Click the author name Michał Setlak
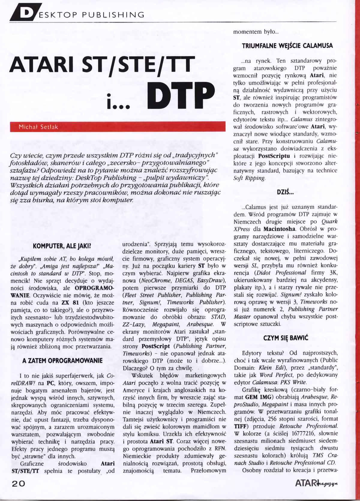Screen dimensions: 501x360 38,127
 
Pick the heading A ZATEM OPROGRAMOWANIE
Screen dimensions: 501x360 62,360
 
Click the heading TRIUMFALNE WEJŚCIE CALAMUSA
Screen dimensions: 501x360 287,46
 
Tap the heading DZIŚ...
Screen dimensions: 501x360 285,193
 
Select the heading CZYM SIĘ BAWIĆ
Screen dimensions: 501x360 286,338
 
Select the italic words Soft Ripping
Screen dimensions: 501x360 249,178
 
